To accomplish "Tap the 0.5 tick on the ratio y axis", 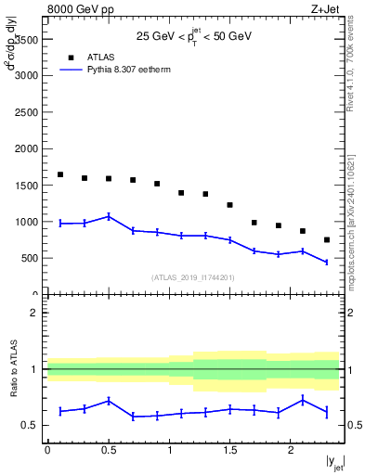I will (31, 425).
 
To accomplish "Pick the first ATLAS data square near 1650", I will (59, 174).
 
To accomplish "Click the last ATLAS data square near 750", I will (327, 239).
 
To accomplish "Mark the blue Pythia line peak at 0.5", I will (109, 216).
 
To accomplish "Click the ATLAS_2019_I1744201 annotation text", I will (192, 276).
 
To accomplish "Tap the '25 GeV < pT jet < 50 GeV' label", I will (194, 37).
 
